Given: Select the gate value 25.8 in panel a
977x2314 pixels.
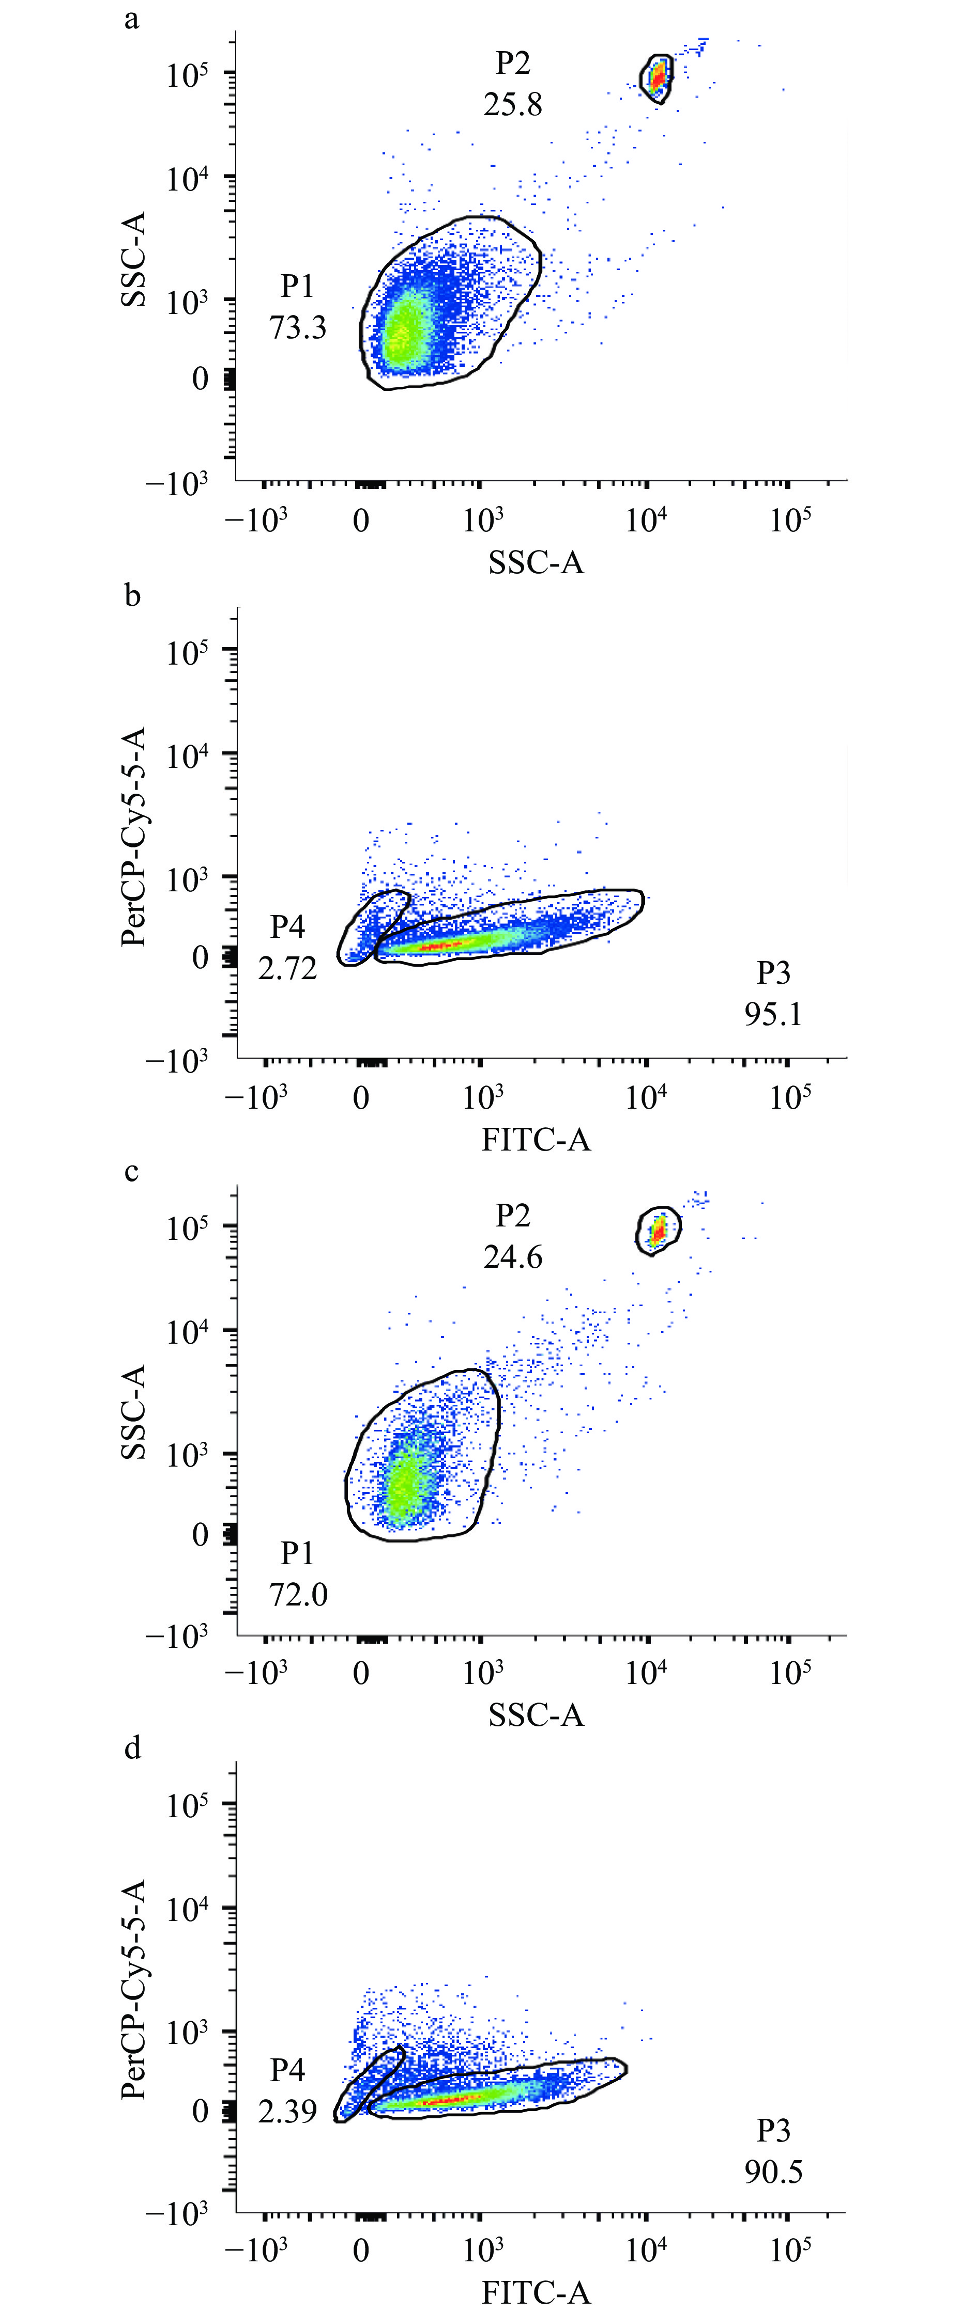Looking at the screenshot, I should click(x=512, y=104).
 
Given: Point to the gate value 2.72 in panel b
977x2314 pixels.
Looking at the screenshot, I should click(x=287, y=968).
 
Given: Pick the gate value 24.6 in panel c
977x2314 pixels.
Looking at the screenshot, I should click(x=512, y=1257).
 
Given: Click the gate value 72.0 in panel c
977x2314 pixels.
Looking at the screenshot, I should click(x=298, y=1595).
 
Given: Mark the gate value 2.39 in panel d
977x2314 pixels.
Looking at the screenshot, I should click(x=287, y=2111).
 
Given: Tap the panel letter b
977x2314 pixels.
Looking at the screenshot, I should click(x=132, y=595).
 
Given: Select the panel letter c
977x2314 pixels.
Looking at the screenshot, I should click(x=132, y=1172).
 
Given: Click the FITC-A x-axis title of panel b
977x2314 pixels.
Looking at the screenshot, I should click(x=536, y=1140).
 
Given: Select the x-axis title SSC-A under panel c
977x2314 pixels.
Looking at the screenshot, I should click(x=536, y=1715).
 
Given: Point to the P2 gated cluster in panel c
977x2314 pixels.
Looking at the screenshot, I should click(x=659, y=1231).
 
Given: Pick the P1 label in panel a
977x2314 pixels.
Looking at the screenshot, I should click(x=298, y=287).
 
